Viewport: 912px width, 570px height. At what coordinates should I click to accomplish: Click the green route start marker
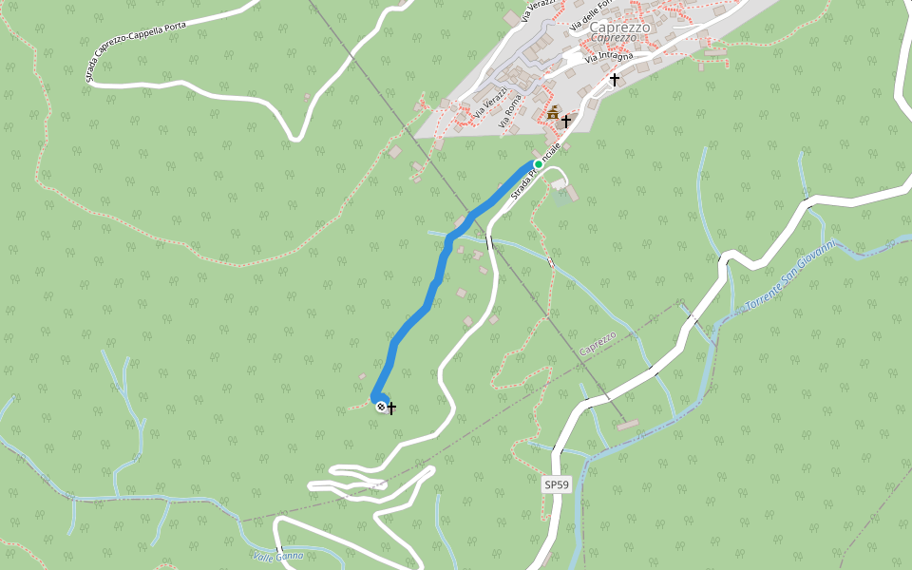[x=538, y=164]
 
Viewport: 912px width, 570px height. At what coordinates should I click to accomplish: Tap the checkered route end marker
[x=381, y=407]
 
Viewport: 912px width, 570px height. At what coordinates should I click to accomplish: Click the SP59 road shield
[x=557, y=484]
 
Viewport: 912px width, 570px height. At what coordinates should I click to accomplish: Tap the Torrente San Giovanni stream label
[x=789, y=276]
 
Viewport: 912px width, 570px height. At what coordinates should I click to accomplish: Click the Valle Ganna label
[x=278, y=555]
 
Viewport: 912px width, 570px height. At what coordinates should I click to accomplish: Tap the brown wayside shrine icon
[x=553, y=113]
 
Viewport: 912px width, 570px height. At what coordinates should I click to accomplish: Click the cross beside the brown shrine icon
[x=566, y=121]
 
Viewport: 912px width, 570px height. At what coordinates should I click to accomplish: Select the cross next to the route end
[x=391, y=408]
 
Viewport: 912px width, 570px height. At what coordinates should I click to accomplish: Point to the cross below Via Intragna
[x=615, y=80]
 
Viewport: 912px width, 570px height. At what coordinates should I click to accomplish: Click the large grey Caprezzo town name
[x=619, y=27]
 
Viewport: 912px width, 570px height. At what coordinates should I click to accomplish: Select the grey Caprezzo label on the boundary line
[x=598, y=345]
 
